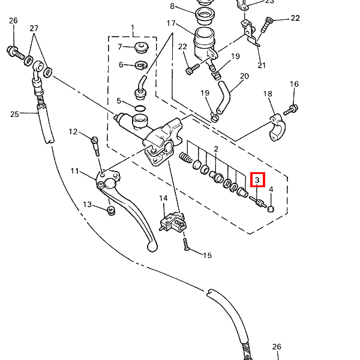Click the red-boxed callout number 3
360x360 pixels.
point(257,180)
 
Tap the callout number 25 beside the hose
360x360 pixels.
point(14,114)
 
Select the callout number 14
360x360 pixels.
point(163,198)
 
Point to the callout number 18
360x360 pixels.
point(268,94)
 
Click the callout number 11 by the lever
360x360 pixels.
point(75,171)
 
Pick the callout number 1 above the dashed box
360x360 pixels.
point(133,28)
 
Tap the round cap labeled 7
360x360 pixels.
point(141,47)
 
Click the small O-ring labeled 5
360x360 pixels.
point(140,108)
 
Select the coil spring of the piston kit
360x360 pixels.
point(185,157)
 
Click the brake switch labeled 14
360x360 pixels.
point(173,222)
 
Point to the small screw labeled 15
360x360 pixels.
point(186,244)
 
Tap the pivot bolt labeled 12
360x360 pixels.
point(96,146)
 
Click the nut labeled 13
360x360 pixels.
point(111,211)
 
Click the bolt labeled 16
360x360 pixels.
point(290,110)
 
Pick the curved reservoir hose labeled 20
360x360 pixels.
point(224,97)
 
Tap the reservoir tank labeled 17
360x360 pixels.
point(205,45)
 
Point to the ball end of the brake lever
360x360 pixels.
point(152,247)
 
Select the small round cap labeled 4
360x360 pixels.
point(271,209)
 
